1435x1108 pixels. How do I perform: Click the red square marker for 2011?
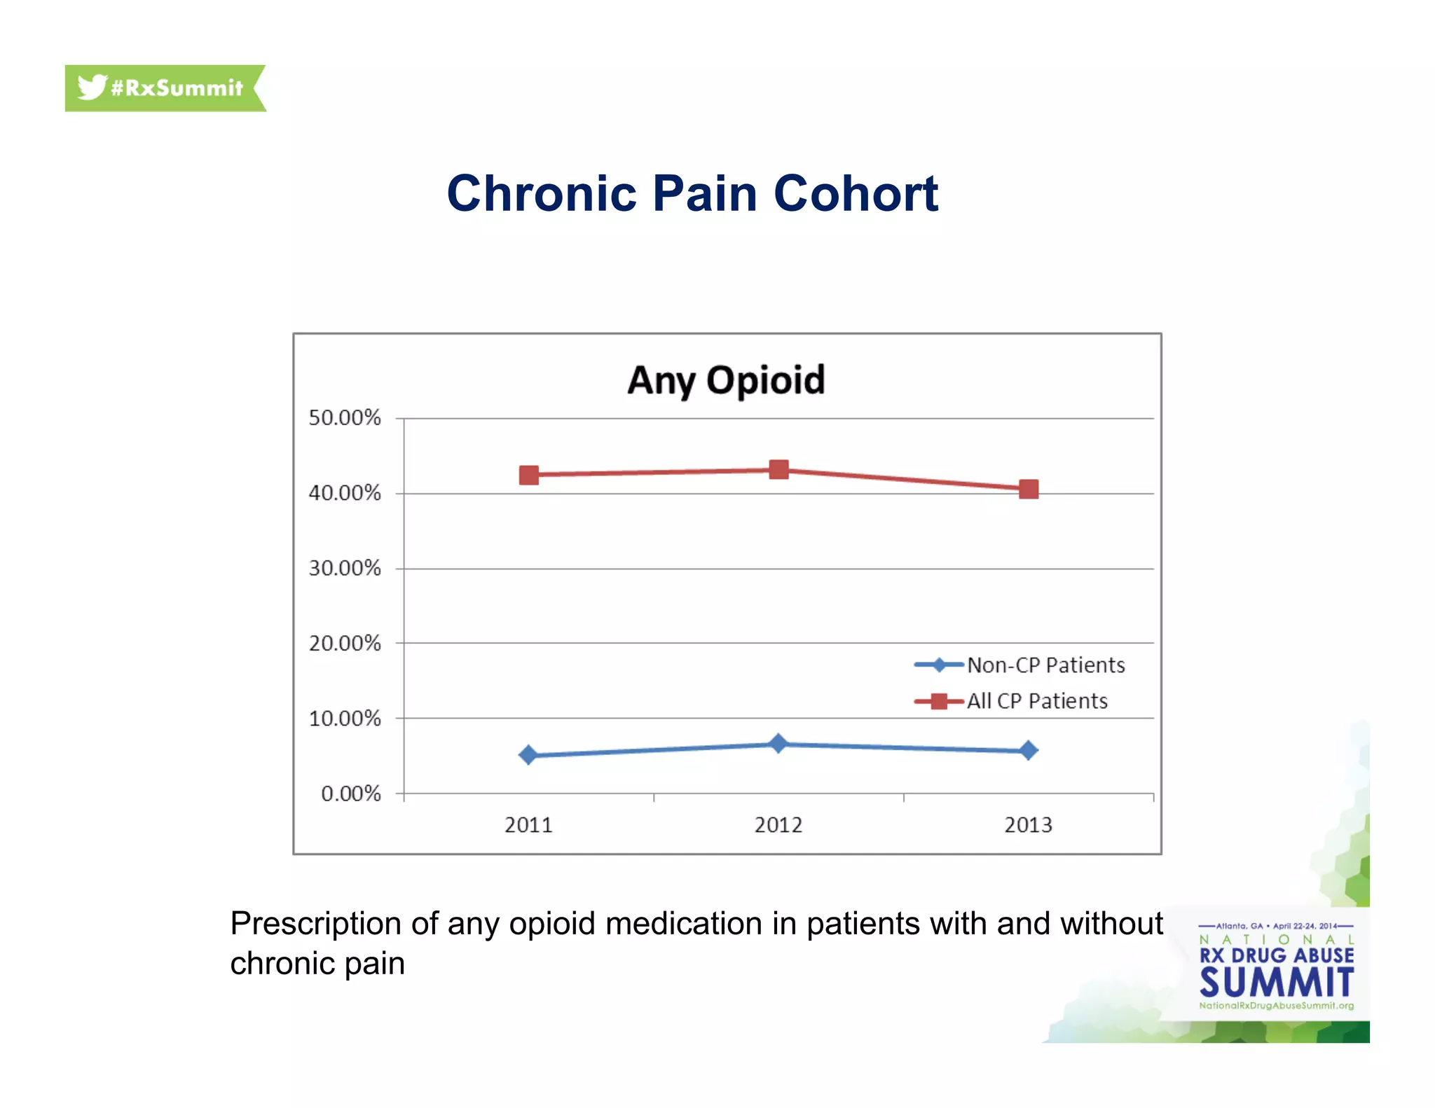529,476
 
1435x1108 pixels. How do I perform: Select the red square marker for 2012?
778,469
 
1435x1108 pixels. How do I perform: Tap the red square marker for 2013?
1029,489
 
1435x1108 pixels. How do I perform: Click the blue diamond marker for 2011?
528,755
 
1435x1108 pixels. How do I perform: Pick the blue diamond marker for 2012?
778,744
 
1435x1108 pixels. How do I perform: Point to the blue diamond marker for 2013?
1029,751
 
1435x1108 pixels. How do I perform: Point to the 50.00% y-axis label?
345,418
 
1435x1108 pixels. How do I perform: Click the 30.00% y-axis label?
345,568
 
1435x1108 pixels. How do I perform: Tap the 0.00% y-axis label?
350,794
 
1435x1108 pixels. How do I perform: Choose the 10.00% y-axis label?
345,719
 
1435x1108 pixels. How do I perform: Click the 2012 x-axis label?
778,825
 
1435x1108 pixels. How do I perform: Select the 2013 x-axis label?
1028,825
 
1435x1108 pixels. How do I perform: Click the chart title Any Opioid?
726,380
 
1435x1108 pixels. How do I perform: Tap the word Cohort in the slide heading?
856,194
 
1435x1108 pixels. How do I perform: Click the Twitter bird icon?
92,88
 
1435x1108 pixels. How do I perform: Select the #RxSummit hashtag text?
177,88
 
